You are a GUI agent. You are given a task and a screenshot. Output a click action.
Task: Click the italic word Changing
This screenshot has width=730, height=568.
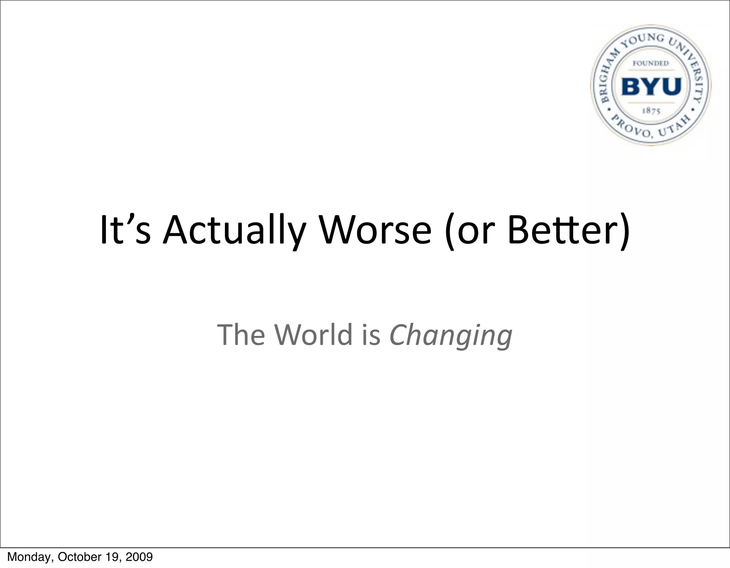coord(451,335)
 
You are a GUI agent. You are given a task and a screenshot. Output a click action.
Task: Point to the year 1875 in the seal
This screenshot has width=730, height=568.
coord(651,111)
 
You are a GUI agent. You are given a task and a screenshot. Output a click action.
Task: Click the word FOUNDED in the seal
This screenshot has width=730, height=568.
coord(651,63)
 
